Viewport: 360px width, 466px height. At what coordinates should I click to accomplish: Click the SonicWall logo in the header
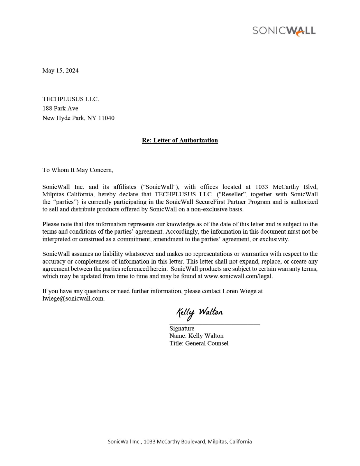point(284,31)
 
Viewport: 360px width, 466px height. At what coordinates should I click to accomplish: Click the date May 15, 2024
point(60,70)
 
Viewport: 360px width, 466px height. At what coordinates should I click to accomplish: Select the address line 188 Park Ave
point(60,108)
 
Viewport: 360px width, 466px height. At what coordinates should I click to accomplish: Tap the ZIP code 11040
point(106,118)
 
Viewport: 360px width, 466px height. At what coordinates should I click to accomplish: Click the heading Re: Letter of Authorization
point(180,140)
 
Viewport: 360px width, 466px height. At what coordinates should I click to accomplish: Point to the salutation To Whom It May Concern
point(77,170)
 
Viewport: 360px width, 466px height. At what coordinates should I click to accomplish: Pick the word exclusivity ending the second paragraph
point(274,239)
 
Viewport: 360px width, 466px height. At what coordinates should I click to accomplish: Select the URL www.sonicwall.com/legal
point(238,276)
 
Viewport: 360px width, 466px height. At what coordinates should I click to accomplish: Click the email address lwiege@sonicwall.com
point(73,299)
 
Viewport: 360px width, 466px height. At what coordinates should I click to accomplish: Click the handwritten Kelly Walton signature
point(200,313)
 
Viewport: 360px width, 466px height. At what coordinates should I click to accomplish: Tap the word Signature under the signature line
point(182,328)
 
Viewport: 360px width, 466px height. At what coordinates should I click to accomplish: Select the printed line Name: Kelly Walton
point(197,336)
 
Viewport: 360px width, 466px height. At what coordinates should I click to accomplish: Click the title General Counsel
point(207,343)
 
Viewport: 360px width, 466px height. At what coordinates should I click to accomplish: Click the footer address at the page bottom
point(180,442)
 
